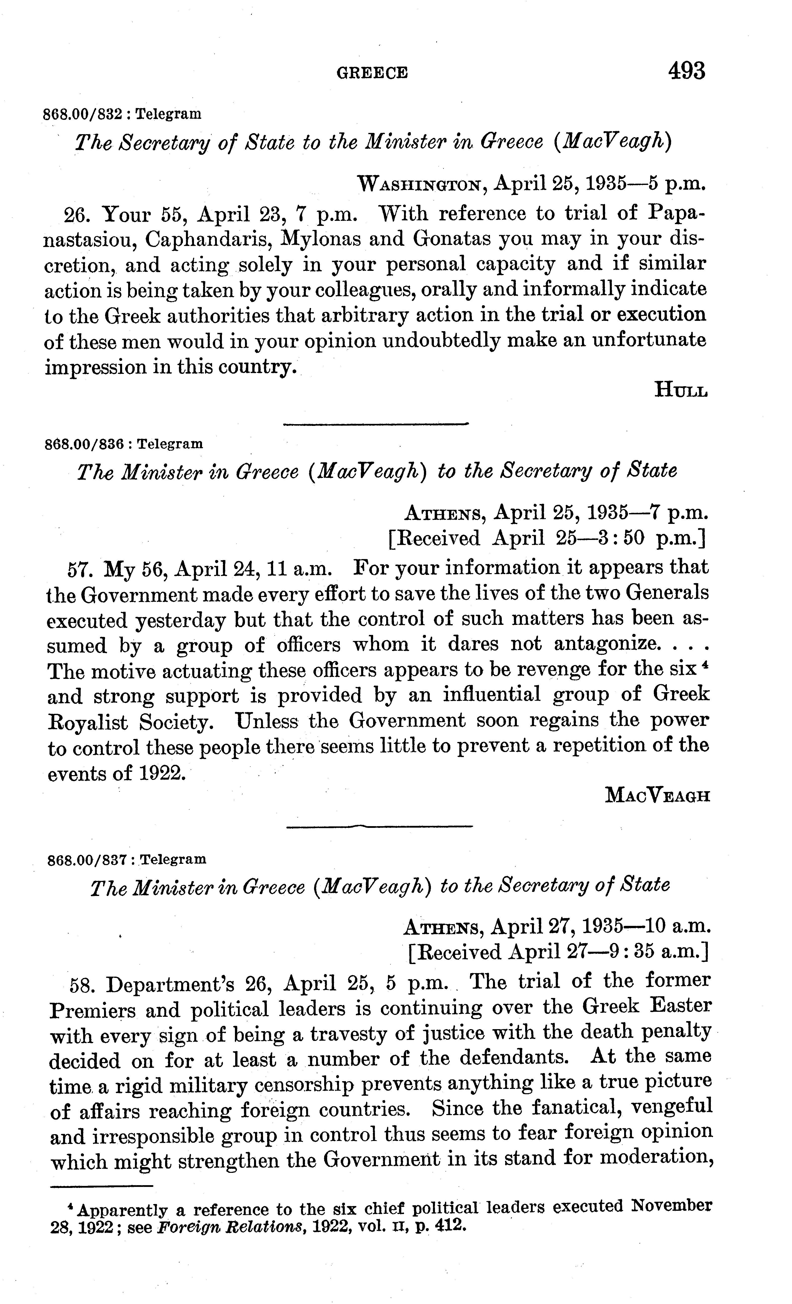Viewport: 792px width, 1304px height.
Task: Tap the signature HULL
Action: (x=681, y=390)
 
